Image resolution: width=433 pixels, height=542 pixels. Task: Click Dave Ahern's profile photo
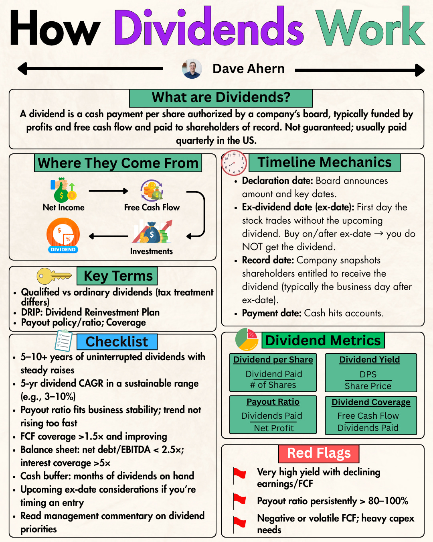click(192, 69)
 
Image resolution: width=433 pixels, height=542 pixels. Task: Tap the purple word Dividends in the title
click(208, 28)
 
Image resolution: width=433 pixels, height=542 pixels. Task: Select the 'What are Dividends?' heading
click(221, 98)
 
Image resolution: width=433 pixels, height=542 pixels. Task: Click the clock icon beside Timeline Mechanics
click(234, 163)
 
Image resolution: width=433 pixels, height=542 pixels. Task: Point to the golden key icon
click(53, 276)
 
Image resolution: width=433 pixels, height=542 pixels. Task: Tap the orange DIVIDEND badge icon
click(63, 235)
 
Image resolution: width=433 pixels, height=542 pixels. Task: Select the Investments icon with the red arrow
click(152, 232)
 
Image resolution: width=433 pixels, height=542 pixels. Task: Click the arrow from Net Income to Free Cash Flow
click(108, 191)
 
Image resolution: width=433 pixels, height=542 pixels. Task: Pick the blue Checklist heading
click(117, 342)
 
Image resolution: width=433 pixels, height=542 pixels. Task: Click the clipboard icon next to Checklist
click(64, 340)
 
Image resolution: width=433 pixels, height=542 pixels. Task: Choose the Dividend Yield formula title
click(369, 360)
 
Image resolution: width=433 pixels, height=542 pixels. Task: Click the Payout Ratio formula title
click(273, 402)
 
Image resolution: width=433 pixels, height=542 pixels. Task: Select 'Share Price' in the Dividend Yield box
click(368, 386)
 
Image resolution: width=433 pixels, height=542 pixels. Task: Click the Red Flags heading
click(319, 453)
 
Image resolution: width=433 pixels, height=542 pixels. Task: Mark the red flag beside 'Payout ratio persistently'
click(239, 500)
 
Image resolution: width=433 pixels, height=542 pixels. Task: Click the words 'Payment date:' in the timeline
click(271, 313)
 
